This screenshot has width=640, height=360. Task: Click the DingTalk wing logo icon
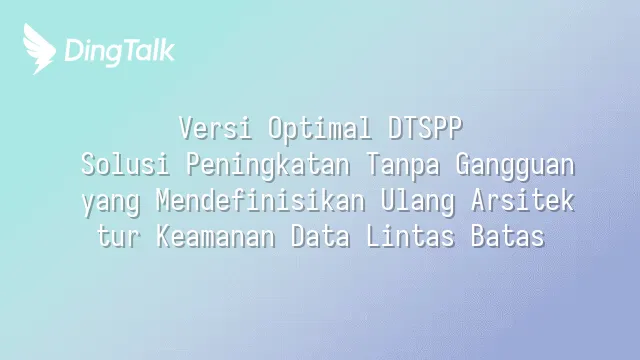tap(39, 49)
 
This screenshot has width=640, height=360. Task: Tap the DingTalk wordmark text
tap(120, 52)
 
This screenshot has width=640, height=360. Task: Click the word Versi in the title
tap(216, 128)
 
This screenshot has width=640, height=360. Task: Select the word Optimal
tap(320, 129)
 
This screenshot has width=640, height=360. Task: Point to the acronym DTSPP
tap(425, 128)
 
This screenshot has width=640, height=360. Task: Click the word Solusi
tap(125, 164)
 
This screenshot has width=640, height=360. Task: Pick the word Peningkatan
tap(268, 166)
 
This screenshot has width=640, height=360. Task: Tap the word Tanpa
tap(403, 166)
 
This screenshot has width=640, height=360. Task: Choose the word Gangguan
tap(515, 166)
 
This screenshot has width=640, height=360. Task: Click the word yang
tap(111, 203)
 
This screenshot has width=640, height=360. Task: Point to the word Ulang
tap(418, 202)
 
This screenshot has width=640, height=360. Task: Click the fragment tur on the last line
tap(119, 236)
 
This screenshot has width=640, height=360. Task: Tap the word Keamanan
tap(216, 236)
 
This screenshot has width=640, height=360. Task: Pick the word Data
tap(320, 236)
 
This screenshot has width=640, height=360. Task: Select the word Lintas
tap(411, 236)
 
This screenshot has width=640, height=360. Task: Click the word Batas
tap(508, 236)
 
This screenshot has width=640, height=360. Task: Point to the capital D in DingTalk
tap(74, 50)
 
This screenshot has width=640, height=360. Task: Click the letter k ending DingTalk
tap(167, 49)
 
